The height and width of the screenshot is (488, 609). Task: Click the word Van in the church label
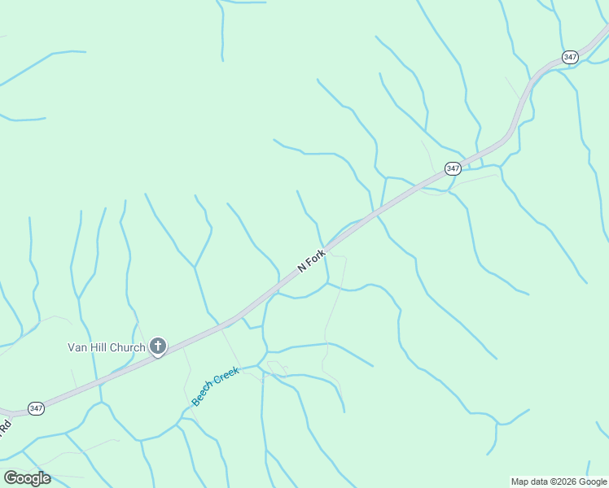coord(77,348)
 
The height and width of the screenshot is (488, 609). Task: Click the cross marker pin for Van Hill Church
coord(158,347)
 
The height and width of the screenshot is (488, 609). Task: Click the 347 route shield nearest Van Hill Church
coord(36,408)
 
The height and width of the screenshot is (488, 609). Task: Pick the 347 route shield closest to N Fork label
coord(453,168)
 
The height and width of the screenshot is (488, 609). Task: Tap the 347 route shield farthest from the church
coord(570,57)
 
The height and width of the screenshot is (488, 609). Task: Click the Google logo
coord(27,478)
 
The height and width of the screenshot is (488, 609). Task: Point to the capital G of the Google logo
coord(11,478)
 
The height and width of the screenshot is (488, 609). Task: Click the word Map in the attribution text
coord(521,481)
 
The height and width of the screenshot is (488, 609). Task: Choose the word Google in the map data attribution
coord(594,481)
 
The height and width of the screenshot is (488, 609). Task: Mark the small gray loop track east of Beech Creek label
coord(277,367)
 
